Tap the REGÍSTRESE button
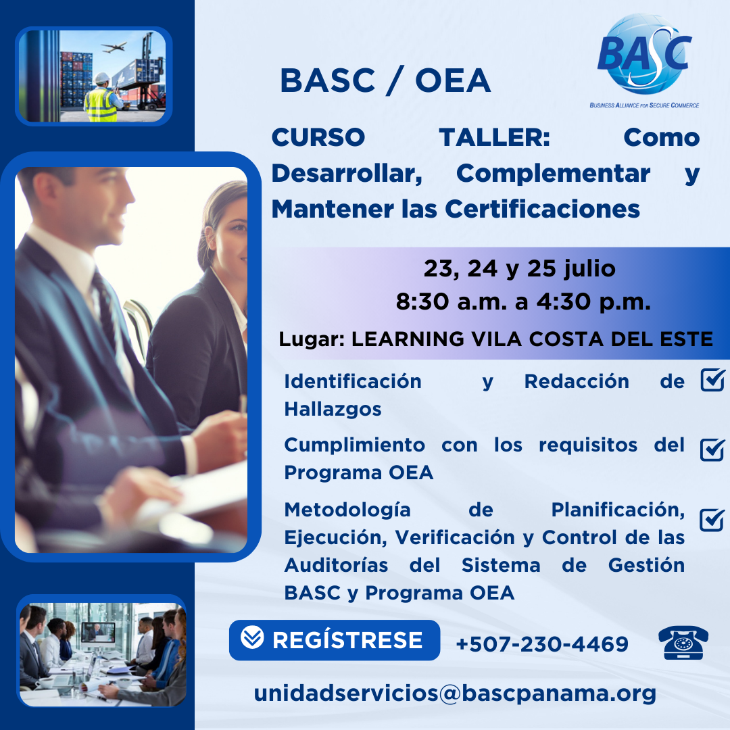(335, 639)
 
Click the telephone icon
(683, 643)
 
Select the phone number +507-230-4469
(542, 644)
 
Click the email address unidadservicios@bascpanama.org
(455, 693)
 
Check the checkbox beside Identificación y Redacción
(713, 380)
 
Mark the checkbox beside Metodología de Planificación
(712, 520)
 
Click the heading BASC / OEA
(385, 81)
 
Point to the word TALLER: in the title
(494, 137)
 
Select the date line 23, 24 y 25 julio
(520, 269)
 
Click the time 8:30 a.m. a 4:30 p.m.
(523, 301)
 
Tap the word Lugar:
(312, 339)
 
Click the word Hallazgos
(333, 409)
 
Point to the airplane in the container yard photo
(114, 47)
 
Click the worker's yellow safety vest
(101, 105)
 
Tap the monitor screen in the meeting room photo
(98, 632)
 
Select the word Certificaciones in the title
(542, 209)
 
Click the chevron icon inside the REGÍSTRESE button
(252, 637)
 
